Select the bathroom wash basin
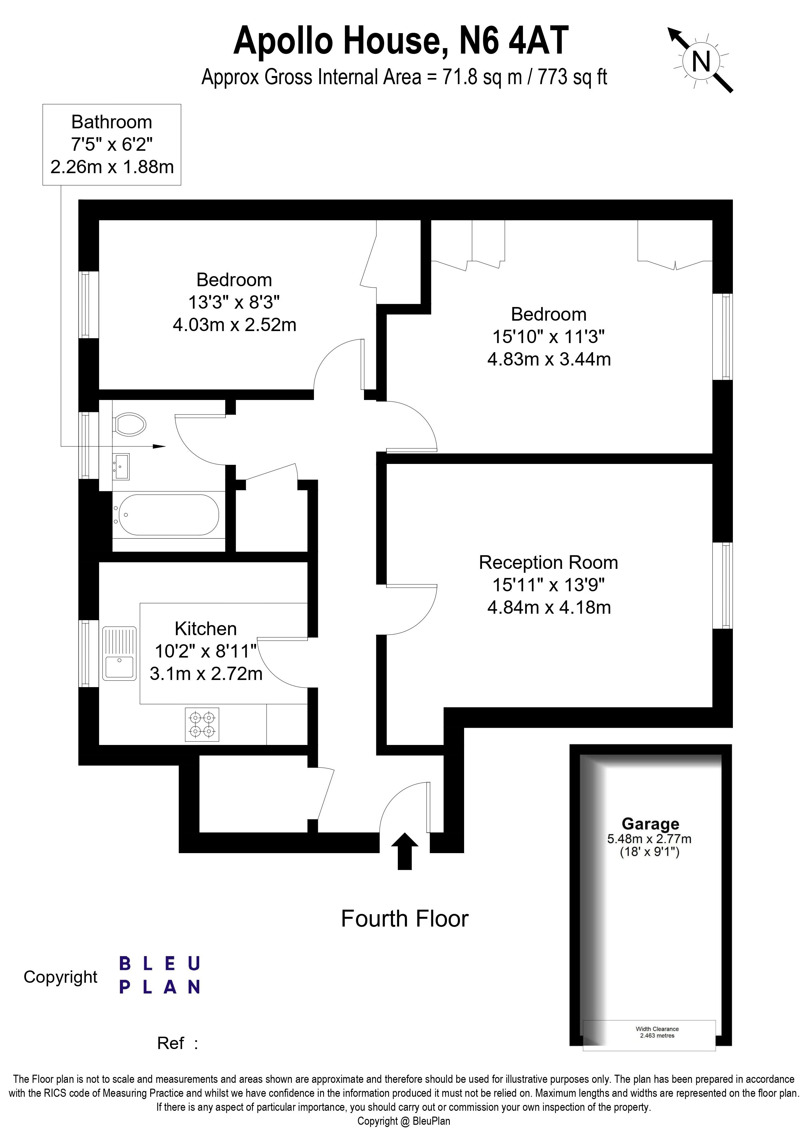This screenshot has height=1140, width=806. [x=122, y=467]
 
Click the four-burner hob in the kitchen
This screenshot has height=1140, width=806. [x=201, y=724]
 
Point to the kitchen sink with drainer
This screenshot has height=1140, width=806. [x=119, y=653]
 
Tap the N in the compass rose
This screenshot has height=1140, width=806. [x=701, y=62]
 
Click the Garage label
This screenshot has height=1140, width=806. [x=650, y=824]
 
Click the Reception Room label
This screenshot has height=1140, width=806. [x=548, y=563]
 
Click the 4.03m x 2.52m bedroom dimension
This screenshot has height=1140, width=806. [x=234, y=325]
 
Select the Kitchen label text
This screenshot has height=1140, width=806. [x=206, y=629]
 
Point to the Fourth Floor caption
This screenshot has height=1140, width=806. [x=404, y=918]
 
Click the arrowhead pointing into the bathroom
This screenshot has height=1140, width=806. [x=159, y=446]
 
